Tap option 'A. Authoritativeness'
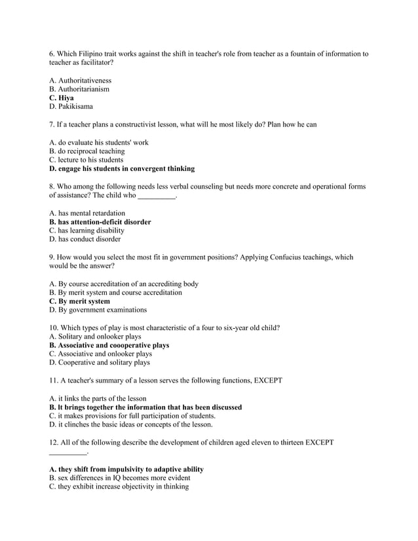click(80, 81)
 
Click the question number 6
click(52, 54)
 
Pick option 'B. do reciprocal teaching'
click(86, 151)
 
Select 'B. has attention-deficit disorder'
click(100, 222)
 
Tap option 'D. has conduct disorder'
click(85, 239)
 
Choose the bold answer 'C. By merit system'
click(79, 301)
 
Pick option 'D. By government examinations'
click(98, 310)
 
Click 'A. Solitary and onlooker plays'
click(95, 337)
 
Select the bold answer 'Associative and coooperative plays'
click(114, 345)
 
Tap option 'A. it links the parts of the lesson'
click(98, 398)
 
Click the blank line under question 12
click(67, 451)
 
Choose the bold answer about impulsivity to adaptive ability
click(126, 470)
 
